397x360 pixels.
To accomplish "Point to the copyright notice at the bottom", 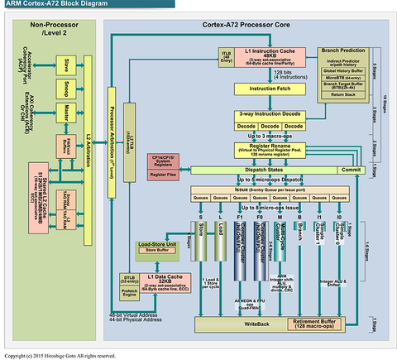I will click(63, 354).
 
